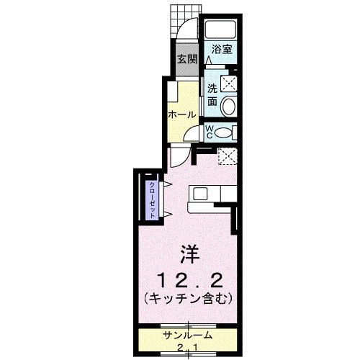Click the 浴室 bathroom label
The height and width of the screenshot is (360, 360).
coord(221,50)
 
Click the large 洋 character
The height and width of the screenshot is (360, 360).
coord(189,255)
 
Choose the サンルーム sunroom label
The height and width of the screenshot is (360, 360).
coord(187,336)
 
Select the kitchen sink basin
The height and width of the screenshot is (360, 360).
coord(199,193)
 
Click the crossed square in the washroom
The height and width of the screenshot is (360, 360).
coord(230,83)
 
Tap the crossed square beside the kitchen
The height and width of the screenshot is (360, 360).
coord(227,155)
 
